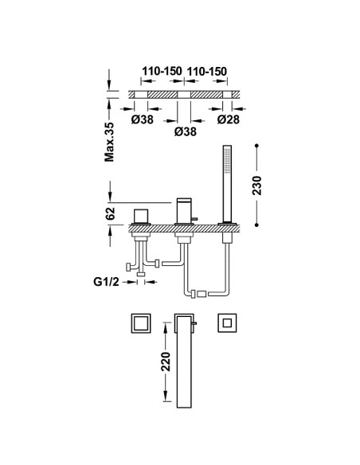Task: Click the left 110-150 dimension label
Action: click(x=162, y=71)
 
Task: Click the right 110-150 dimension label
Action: click(x=207, y=71)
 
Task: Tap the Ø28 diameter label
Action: click(x=228, y=119)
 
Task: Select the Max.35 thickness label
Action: click(x=109, y=142)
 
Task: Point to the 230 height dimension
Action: click(x=256, y=186)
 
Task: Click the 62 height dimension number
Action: click(x=110, y=213)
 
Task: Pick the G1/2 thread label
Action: click(x=106, y=282)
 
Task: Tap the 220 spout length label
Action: click(x=166, y=361)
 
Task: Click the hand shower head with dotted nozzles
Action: click(x=227, y=159)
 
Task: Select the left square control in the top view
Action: click(x=141, y=323)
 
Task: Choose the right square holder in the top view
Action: click(x=227, y=322)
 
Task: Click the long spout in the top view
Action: click(x=184, y=361)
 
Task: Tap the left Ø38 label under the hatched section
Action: click(x=143, y=119)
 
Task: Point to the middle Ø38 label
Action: click(x=186, y=131)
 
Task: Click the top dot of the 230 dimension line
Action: click(x=256, y=146)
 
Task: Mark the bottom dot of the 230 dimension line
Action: click(x=256, y=225)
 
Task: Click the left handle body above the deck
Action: click(x=141, y=217)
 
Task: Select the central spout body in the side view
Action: click(x=184, y=211)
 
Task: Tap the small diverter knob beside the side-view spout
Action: click(x=194, y=219)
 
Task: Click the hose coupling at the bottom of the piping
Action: click(x=198, y=294)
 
